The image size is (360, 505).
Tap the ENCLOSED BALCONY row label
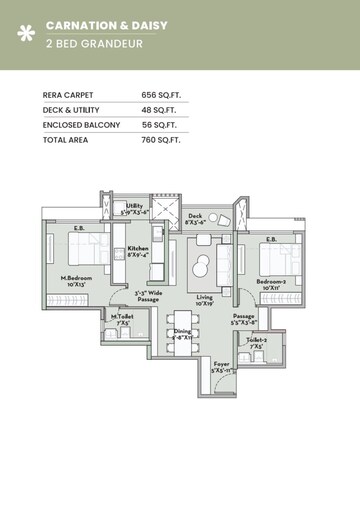pyautogui.click(x=81, y=125)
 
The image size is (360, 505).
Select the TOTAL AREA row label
pyautogui.click(x=67, y=141)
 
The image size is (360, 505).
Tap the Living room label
pyautogui.click(x=204, y=297)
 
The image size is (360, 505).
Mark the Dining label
pyautogui.click(x=182, y=331)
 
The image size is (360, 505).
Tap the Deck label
pyautogui.click(x=196, y=214)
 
